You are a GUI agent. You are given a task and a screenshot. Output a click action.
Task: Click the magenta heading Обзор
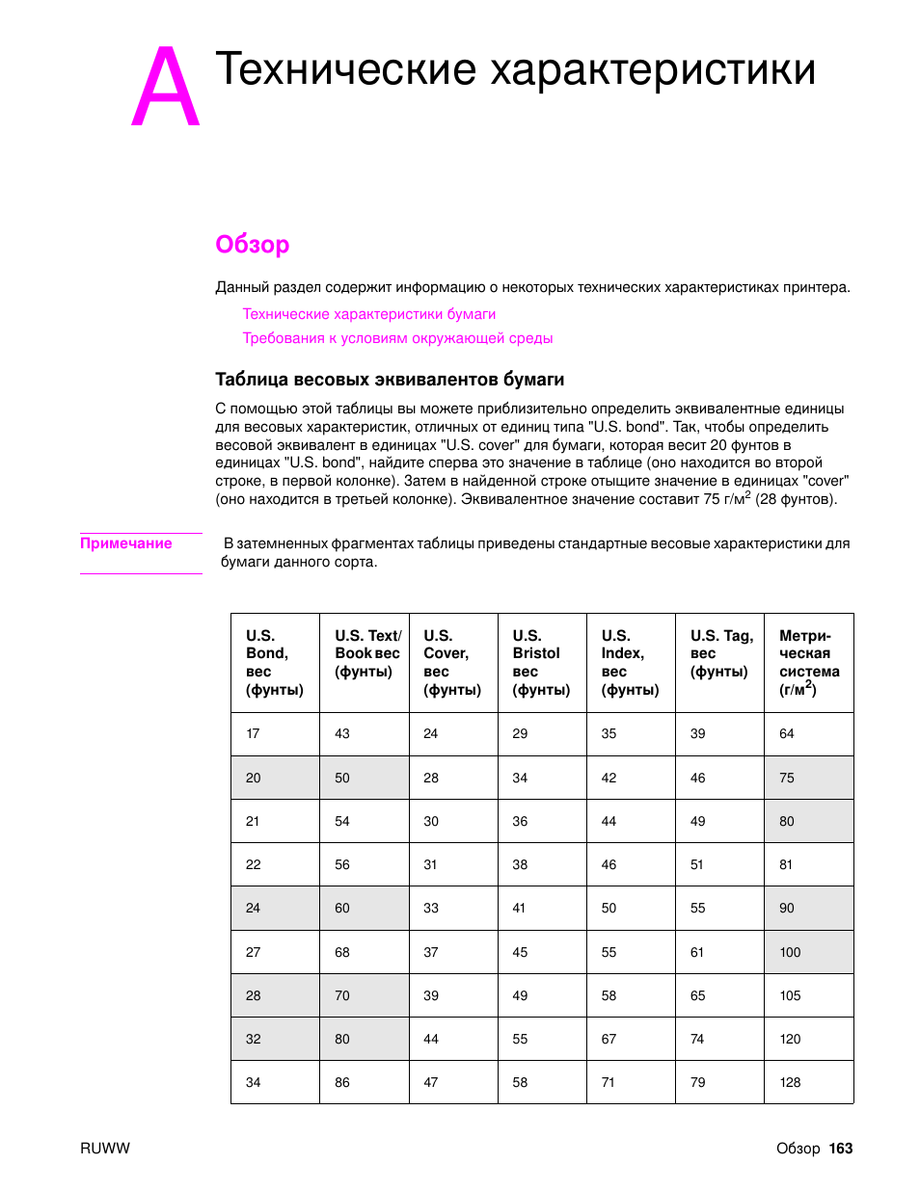[252, 245]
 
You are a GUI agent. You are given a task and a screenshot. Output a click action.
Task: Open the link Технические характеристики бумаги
[368, 314]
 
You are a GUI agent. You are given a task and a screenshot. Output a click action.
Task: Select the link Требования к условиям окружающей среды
[397, 338]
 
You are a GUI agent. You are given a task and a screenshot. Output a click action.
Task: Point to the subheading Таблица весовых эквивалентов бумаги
[390, 380]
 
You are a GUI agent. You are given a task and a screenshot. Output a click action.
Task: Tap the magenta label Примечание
[125, 543]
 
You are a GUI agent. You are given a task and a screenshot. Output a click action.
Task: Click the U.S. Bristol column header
[541, 663]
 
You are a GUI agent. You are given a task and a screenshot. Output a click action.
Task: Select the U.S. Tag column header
[720, 653]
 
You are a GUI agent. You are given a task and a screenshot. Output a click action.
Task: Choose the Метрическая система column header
[808, 663]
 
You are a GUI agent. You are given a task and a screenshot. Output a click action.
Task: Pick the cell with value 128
[790, 1082]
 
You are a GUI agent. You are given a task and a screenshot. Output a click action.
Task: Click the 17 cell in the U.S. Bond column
[253, 733]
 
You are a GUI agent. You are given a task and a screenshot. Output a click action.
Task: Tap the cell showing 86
[342, 1082]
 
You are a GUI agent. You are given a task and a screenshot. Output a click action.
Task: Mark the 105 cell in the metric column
[790, 995]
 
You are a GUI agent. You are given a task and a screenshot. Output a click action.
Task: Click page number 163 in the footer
[841, 1149]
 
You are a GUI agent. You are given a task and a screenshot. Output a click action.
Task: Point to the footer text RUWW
[104, 1149]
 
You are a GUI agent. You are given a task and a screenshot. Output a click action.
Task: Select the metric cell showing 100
[790, 952]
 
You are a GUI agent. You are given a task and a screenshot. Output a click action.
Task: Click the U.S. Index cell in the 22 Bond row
[609, 864]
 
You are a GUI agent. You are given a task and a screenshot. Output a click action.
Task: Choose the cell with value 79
[697, 1082]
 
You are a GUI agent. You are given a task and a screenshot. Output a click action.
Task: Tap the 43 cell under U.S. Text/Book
[342, 733]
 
